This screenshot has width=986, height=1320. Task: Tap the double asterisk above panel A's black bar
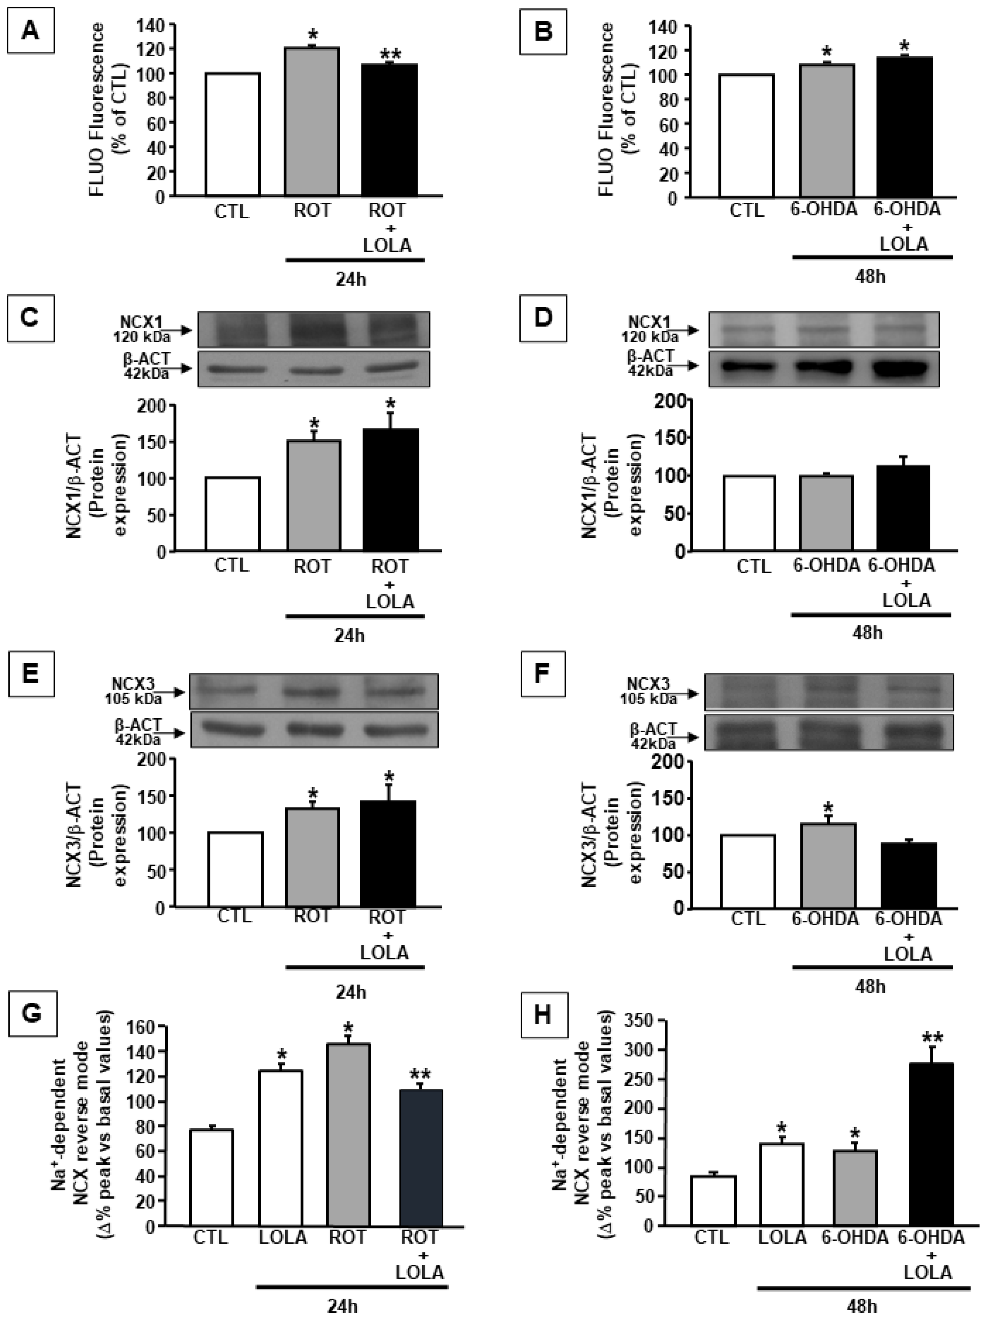[391, 55]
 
